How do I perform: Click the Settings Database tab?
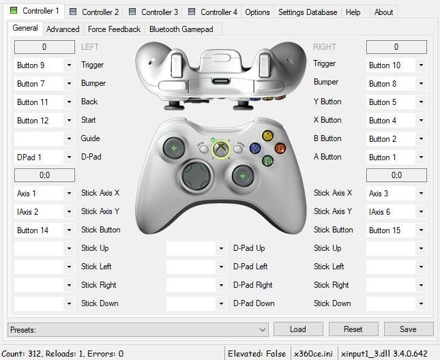(307, 12)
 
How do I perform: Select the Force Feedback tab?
(114, 29)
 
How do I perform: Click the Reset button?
(353, 329)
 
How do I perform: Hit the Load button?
(298, 329)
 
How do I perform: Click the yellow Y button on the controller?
(267, 136)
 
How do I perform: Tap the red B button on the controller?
(280, 148)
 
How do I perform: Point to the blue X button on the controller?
(255, 148)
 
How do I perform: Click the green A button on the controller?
(267, 161)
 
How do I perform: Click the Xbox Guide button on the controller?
(220, 148)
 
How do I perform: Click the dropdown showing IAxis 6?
(396, 212)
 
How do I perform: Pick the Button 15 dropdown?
(396, 230)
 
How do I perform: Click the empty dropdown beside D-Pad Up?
(196, 249)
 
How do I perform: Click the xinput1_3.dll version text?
(384, 354)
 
